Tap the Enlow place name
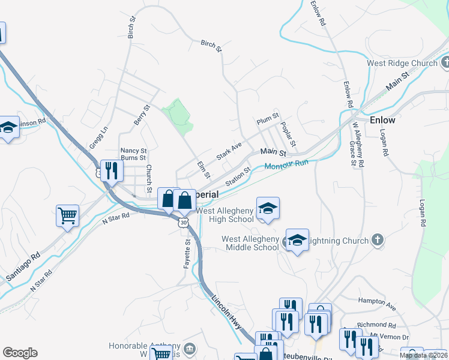tap(382, 119)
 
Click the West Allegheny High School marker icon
tap(268, 208)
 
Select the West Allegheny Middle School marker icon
tap(297, 239)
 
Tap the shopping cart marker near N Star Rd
tap(68, 215)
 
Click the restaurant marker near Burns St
tap(111, 170)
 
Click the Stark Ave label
tap(228, 151)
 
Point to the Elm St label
tap(203, 169)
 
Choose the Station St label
tap(238, 176)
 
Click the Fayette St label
tap(187, 253)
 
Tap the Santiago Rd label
tap(23, 265)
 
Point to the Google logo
tap(20, 353)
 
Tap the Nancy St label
tap(133, 151)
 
